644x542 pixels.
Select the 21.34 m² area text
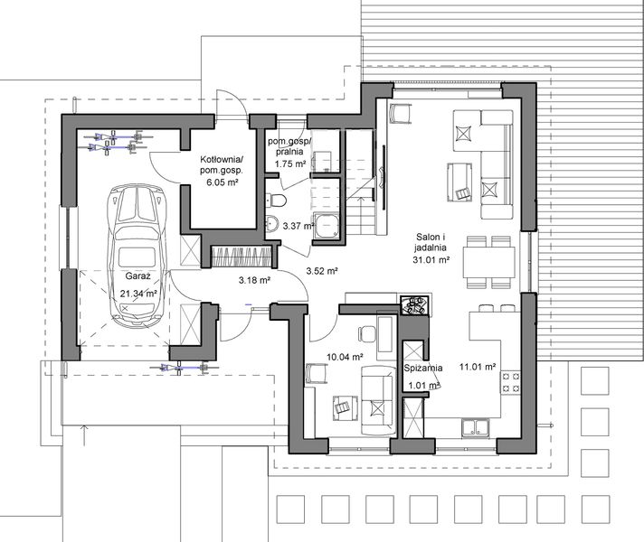tap(138, 294)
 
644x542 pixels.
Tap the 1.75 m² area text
tap(286, 164)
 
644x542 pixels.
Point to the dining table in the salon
tap(488, 259)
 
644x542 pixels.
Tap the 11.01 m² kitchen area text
tap(477, 367)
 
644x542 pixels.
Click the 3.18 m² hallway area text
tap(255, 280)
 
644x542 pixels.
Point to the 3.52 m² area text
tap(321, 270)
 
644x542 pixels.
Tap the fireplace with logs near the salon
tap(417, 304)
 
